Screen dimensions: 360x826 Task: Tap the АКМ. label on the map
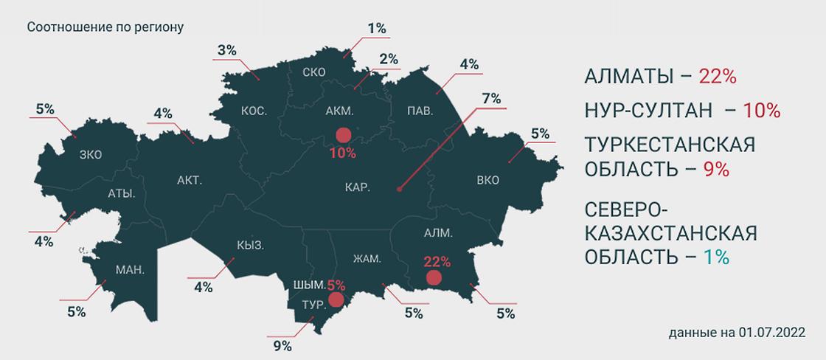(x=339, y=111)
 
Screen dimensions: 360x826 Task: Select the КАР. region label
(x=357, y=187)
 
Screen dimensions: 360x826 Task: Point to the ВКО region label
(x=488, y=179)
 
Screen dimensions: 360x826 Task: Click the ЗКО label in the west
(x=91, y=154)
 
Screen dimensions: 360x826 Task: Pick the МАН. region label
(x=130, y=270)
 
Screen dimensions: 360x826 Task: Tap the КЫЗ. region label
(x=251, y=245)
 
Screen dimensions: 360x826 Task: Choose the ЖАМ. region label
(x=367, y=258)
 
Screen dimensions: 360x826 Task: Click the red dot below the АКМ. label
(x=343, y=135)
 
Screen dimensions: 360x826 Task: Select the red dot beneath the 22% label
(x=434, y=277)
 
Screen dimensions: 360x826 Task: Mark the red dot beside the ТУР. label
(x=336, y=300)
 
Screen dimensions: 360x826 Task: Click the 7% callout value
(x=490, y=98)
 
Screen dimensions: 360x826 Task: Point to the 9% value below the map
(x=282, y=345)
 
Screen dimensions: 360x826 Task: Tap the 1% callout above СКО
(x=376, y=28)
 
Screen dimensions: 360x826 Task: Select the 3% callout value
(x=226, y=50)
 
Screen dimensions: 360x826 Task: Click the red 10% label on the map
(x=343, y=153)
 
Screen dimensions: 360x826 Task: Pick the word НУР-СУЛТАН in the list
(x=648, y=111)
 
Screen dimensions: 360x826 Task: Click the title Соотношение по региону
(x=105, y=27)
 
